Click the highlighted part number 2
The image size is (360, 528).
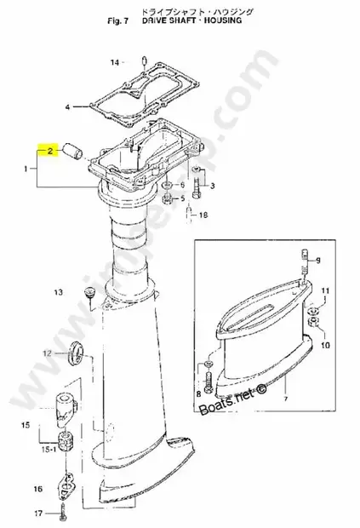coord(52,151)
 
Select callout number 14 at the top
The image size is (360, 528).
coord(115,62)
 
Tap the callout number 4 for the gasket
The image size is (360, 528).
coord(68,106)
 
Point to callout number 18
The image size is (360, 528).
coord(202,215)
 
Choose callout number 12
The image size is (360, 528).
coord(49,352)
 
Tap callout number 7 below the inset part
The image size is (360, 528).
coord(261,399)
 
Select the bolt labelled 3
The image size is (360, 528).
coord(198,181)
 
